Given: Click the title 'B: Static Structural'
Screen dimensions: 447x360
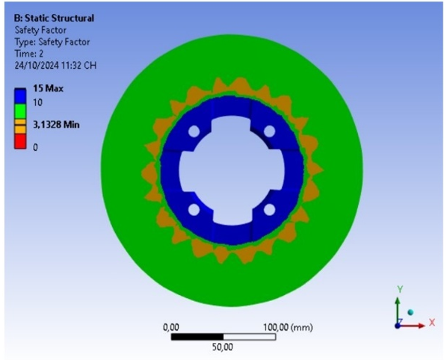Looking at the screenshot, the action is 54,18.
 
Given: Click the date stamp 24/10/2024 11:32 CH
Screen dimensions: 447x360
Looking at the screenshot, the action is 55,66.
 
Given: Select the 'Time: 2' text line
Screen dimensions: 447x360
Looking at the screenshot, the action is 29,54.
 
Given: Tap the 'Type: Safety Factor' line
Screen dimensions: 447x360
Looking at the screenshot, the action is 52,42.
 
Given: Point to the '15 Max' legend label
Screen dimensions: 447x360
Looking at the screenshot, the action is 48,88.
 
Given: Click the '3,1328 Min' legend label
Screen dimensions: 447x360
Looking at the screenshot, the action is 56,125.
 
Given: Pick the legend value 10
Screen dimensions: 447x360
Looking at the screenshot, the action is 37,102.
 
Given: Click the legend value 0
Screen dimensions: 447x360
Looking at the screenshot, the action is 35,147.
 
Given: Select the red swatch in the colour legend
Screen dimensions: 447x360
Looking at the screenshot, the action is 20,141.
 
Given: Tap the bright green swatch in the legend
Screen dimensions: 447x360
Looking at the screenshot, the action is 20,111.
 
